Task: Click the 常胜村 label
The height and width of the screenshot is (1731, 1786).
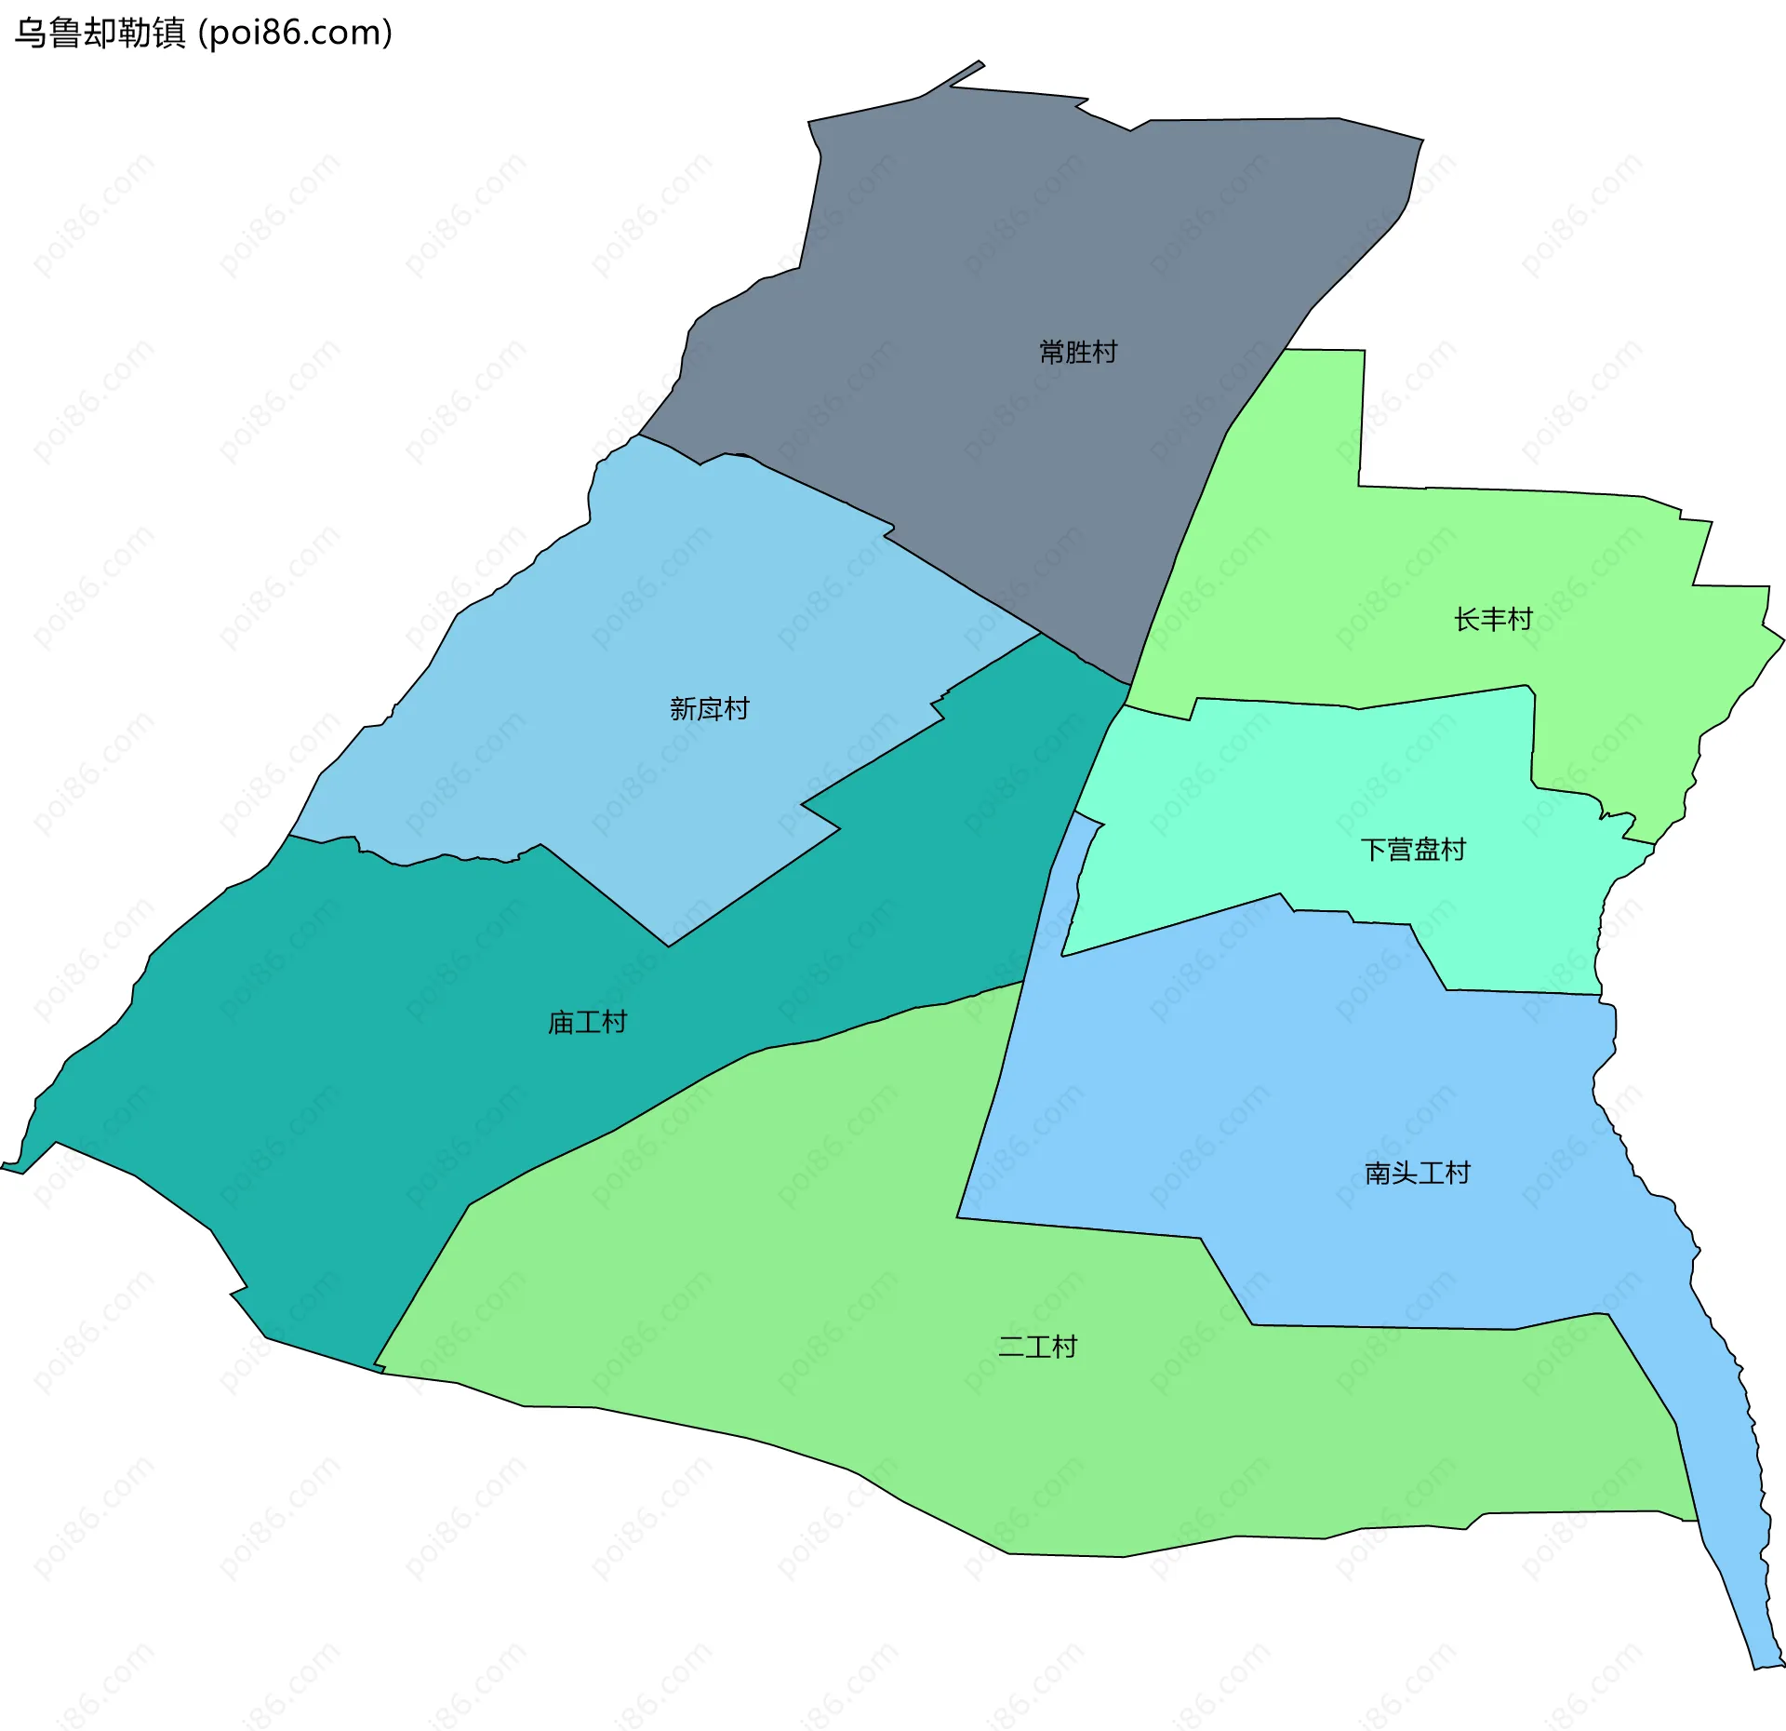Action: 1078,352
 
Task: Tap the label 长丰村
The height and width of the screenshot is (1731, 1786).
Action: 1493,619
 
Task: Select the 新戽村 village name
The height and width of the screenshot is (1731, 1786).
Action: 710,709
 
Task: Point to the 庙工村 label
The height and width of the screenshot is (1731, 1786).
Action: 587,1023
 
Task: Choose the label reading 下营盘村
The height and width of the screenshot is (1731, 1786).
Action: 1413,850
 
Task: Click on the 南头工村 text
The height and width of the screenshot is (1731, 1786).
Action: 1418,1173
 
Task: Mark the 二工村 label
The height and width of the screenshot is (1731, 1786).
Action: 1037,1347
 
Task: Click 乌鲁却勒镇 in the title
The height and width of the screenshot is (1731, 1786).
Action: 100,34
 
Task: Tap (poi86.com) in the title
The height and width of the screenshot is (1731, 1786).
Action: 296,34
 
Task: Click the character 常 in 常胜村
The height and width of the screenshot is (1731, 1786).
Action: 1052,352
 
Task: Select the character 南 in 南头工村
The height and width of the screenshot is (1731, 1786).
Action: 1378,1173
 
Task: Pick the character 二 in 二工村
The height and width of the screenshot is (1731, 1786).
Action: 1011,1347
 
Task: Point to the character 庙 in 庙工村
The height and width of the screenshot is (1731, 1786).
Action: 561,1023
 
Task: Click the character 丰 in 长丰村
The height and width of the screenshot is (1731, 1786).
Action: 1493,619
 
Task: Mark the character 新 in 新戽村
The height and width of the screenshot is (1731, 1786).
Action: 684,709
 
